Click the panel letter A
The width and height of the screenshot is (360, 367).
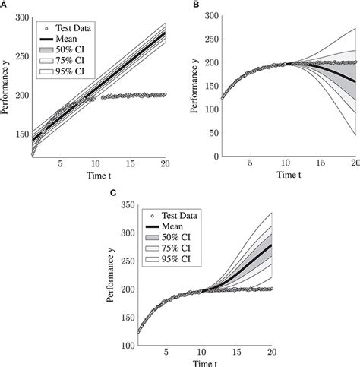coord(4,5)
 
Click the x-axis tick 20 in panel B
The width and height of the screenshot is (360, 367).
coord(354,166)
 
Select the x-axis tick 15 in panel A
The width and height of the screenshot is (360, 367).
coord(130,166)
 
